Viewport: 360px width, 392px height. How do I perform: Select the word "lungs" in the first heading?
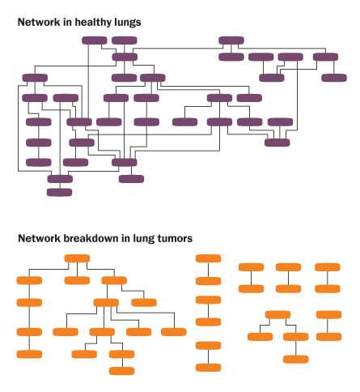coord(128,23)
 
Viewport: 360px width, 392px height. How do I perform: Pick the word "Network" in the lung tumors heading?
coord(39,238)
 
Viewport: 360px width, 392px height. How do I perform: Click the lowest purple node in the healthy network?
coord(59,192)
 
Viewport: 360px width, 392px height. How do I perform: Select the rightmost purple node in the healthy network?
coord(334,78)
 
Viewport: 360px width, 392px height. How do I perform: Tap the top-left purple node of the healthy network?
coord(95,40)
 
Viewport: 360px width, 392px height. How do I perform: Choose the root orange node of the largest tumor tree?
coord(77,258)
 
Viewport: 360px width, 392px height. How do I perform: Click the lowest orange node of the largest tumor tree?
coord(122,371)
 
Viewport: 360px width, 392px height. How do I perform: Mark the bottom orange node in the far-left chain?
coord(29,354)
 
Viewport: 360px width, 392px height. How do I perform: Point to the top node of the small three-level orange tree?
coord(277,315)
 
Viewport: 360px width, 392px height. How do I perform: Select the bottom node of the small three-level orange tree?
coord(296,359)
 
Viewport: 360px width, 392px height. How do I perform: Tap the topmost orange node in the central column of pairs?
coord(208,258)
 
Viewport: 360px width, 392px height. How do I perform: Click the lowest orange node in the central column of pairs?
coord(208,368)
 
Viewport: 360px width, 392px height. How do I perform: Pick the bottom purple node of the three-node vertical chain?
coord(39,162)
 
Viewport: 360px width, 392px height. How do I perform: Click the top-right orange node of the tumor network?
coord(328,267)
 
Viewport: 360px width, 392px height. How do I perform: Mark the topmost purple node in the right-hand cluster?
coord(231,40)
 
